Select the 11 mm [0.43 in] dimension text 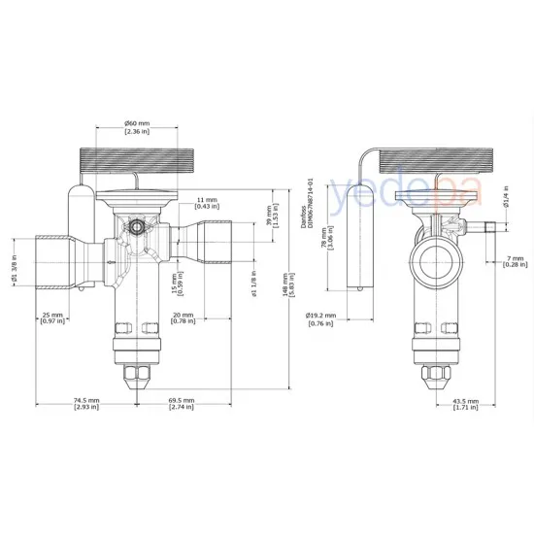click(206, 202)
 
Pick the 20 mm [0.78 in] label click(181, 318)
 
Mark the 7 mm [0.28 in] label click(516, 260)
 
